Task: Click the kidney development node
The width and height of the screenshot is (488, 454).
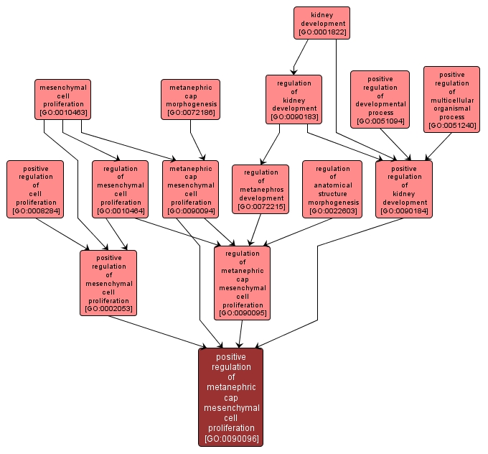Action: click(322, 22)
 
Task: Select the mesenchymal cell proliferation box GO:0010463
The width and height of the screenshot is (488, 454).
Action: click(62, 99)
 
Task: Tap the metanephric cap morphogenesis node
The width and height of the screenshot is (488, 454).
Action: click(190, 99)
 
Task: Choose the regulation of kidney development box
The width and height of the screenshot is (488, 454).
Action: click(294, 99)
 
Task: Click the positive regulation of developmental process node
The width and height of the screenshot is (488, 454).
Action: click(380, 99)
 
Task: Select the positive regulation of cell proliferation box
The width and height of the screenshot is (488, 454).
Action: click(35, 189)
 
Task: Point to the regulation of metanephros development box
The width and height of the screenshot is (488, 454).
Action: click(261, 189)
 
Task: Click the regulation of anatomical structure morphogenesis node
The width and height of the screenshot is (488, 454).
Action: click(333, 189)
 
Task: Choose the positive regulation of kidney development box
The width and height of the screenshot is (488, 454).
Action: click(404, 189)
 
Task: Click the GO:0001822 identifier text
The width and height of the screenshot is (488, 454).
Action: click(322, 32)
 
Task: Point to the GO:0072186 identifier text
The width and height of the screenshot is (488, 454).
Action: click(190, 113)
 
